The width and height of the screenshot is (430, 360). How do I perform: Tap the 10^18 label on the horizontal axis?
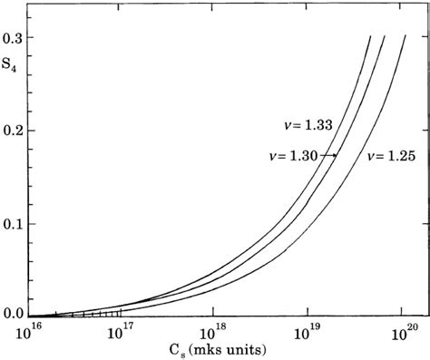pos(214,331)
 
